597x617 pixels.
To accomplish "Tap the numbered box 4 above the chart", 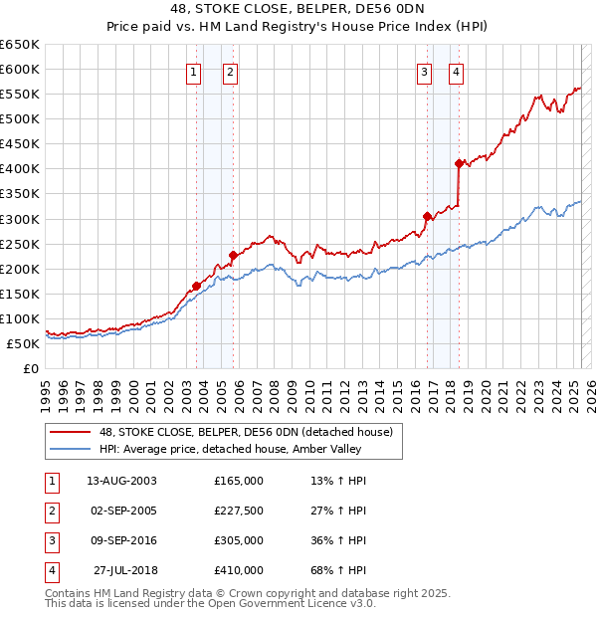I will [x=456, y=71].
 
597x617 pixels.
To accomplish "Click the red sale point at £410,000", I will [x=459, y=163].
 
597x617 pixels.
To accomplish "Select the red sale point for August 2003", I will [x=197, y=287].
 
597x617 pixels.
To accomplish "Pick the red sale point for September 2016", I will [x=427, y=216].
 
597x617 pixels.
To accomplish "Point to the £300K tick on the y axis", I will [x=22, y=219].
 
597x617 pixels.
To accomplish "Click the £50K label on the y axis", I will [x=25, y=343].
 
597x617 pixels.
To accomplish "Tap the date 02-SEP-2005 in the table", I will [x=124, y=511].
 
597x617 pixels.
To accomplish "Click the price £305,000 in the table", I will [x=239, y=540].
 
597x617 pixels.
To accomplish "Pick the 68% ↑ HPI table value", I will [x=339, y=570].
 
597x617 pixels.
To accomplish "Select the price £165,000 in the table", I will [x=239, y=481].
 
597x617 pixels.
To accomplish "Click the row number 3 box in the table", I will [x=51, y=540].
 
